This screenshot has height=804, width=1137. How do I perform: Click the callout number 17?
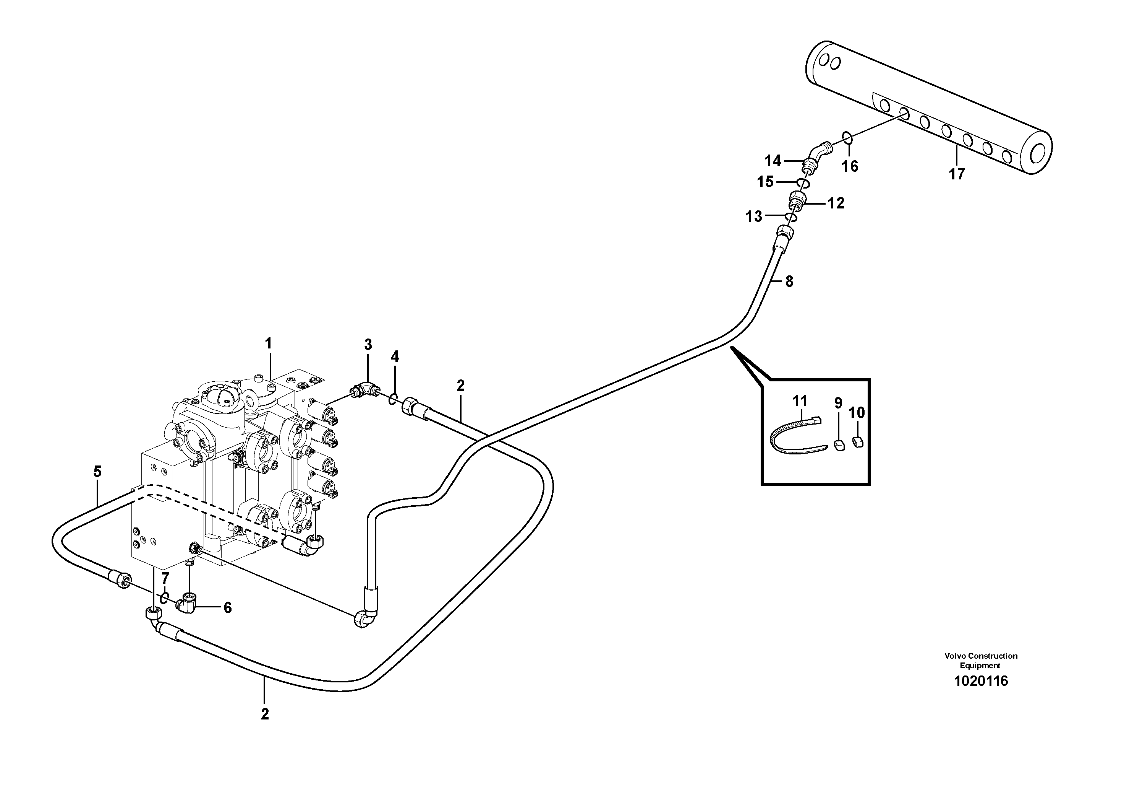tap(957, 174)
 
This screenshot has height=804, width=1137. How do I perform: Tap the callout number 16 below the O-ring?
tap(850, 166)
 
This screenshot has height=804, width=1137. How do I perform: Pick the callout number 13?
tap(754, 216)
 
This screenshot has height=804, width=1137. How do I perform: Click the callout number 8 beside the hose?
tap(789, 282)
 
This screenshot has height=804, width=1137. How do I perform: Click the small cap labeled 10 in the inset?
tap(858, 441)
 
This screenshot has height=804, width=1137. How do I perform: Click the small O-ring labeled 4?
tap(392, 398)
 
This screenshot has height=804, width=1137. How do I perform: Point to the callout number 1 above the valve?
tap(269, 343)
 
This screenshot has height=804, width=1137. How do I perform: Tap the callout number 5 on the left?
tap(97, 471)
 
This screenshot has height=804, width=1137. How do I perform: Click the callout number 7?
tap(165, 578)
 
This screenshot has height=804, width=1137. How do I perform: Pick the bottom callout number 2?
tap(265, 714)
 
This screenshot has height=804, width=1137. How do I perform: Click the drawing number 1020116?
tap(980, 681)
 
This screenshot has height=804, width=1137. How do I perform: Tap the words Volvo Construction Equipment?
tap(980, 660)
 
